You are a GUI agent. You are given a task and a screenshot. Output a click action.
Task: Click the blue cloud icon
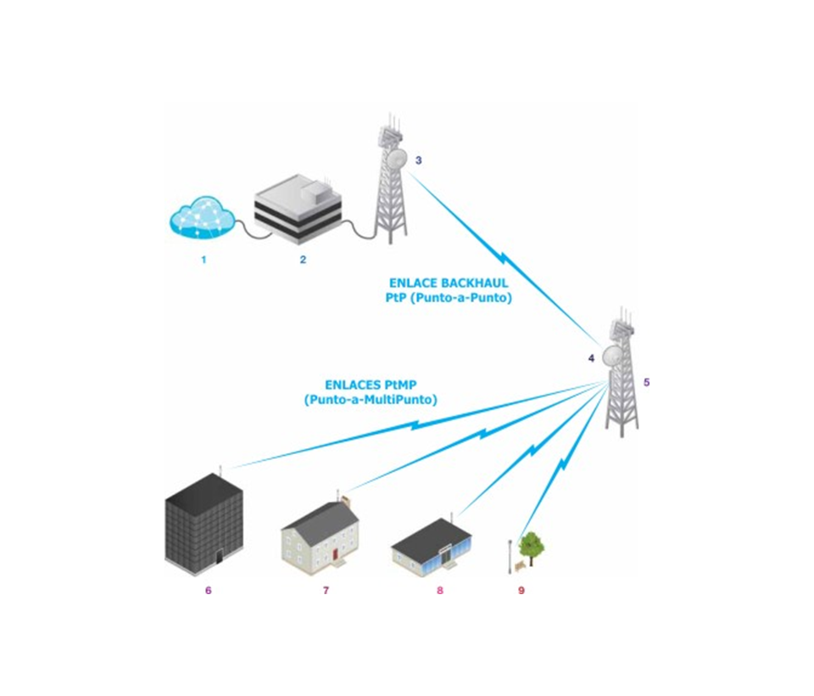coord(201,216)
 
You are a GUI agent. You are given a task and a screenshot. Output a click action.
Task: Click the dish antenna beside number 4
coord(610,357)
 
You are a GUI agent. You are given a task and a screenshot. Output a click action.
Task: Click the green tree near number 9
coord(532,545)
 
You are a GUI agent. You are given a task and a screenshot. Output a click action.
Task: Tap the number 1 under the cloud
coord(203,260)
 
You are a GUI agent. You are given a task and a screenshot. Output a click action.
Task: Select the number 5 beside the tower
coord(646,382)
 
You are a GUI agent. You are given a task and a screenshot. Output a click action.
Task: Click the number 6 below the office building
coord(208,590)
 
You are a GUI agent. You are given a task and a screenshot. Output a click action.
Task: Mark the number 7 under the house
coord(326,590)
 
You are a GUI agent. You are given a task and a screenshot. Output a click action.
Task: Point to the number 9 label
coord(521,590)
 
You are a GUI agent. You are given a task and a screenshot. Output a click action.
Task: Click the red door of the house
coord(336,554)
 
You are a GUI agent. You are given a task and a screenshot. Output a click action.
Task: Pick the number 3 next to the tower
coord(418,160)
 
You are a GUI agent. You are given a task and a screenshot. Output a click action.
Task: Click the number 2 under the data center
coord(303,260)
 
